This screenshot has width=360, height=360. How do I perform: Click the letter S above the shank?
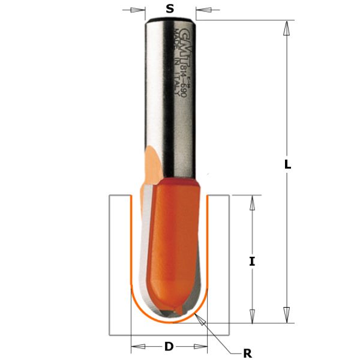(170, 9)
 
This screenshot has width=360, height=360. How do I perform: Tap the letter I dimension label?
(252, 261)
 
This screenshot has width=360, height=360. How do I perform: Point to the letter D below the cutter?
(169, 346)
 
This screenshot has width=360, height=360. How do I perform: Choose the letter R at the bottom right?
(247, 353)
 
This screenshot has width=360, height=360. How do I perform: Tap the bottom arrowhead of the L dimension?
(287, 314)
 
